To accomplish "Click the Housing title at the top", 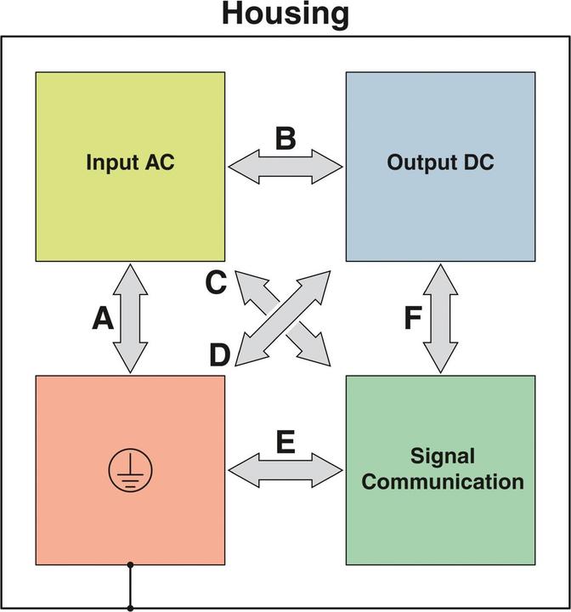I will click(x=285, y=14).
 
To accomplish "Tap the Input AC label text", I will click(x=130, y=162).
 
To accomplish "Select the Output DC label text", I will click(x=440, y=162).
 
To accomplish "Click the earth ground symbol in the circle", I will click(x=130, y=470).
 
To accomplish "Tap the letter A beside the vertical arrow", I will click(x=103, y=319).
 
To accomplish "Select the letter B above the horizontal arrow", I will click(x=285, y=139).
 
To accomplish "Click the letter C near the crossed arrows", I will click(x=216, y=283).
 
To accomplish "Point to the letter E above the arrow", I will click(x=285, y=442).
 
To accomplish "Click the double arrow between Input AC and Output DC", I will click(x=285, y=166).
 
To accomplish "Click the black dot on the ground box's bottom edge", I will click(x=130, y=565).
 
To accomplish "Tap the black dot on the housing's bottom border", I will click(x=130, y=608).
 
